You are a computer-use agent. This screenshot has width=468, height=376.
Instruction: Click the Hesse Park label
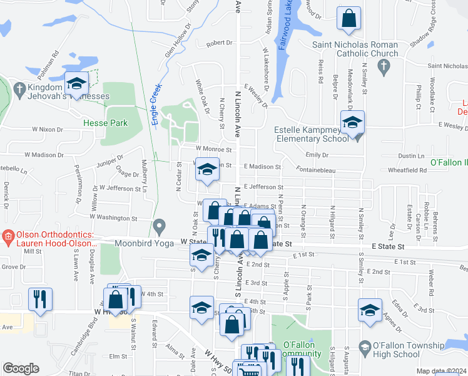click(105, 123)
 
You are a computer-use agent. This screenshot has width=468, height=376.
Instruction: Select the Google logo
click(20, 368)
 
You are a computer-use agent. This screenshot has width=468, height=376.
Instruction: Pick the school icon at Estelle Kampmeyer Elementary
click(352, 123)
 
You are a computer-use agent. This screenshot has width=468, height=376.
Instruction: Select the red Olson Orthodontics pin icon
click(8, 237)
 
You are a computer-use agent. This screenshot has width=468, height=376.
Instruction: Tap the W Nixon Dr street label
click(53, 128)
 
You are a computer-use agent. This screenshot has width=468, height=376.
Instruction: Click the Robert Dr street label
click(219, 43)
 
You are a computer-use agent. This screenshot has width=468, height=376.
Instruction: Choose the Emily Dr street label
click(317, 155)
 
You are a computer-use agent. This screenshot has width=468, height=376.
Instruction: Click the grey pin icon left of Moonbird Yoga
click(160, 225)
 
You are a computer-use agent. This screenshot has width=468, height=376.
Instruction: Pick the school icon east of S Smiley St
click(370, 310)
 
